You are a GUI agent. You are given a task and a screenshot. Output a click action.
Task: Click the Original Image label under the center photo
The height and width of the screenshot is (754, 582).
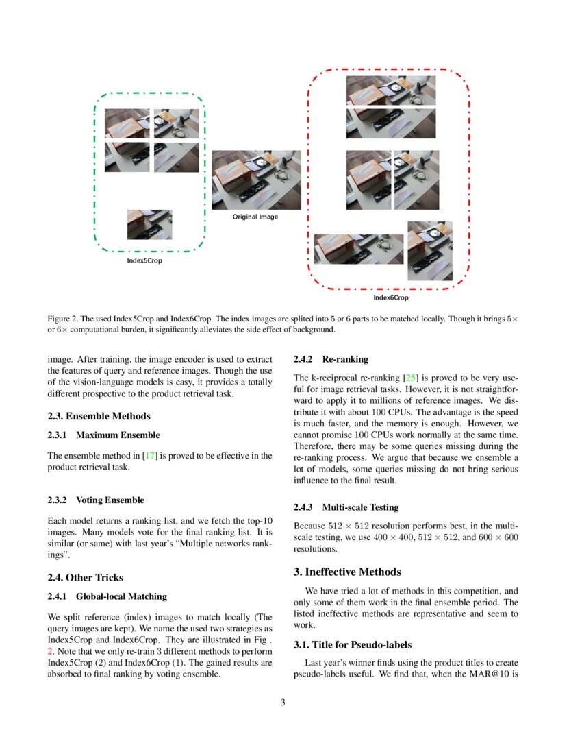[x=255, y=217]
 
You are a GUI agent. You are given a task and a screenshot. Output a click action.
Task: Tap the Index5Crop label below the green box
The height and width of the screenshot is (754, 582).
[x=144, y=260]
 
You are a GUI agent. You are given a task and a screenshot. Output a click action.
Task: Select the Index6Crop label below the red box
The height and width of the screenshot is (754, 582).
[x=390, y=297]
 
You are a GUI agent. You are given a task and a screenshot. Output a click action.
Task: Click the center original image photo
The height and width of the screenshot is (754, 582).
[x=256, y=180]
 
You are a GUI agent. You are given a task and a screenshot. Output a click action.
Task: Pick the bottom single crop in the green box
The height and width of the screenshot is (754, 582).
[x=149, y=224]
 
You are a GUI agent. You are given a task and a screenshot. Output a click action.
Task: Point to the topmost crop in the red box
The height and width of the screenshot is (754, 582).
[x=390, y=90]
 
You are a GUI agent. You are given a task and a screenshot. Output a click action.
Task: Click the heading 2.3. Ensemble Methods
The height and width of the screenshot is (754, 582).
[x=99, y=416]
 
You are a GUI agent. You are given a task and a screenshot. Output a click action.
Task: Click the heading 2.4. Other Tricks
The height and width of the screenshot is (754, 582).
[x=86, y=577]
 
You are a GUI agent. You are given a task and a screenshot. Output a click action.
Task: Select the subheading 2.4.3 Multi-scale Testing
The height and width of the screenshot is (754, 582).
[x=346, y=507]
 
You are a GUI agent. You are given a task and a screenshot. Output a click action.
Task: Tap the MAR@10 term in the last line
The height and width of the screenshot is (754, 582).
[x=492, y=674]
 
